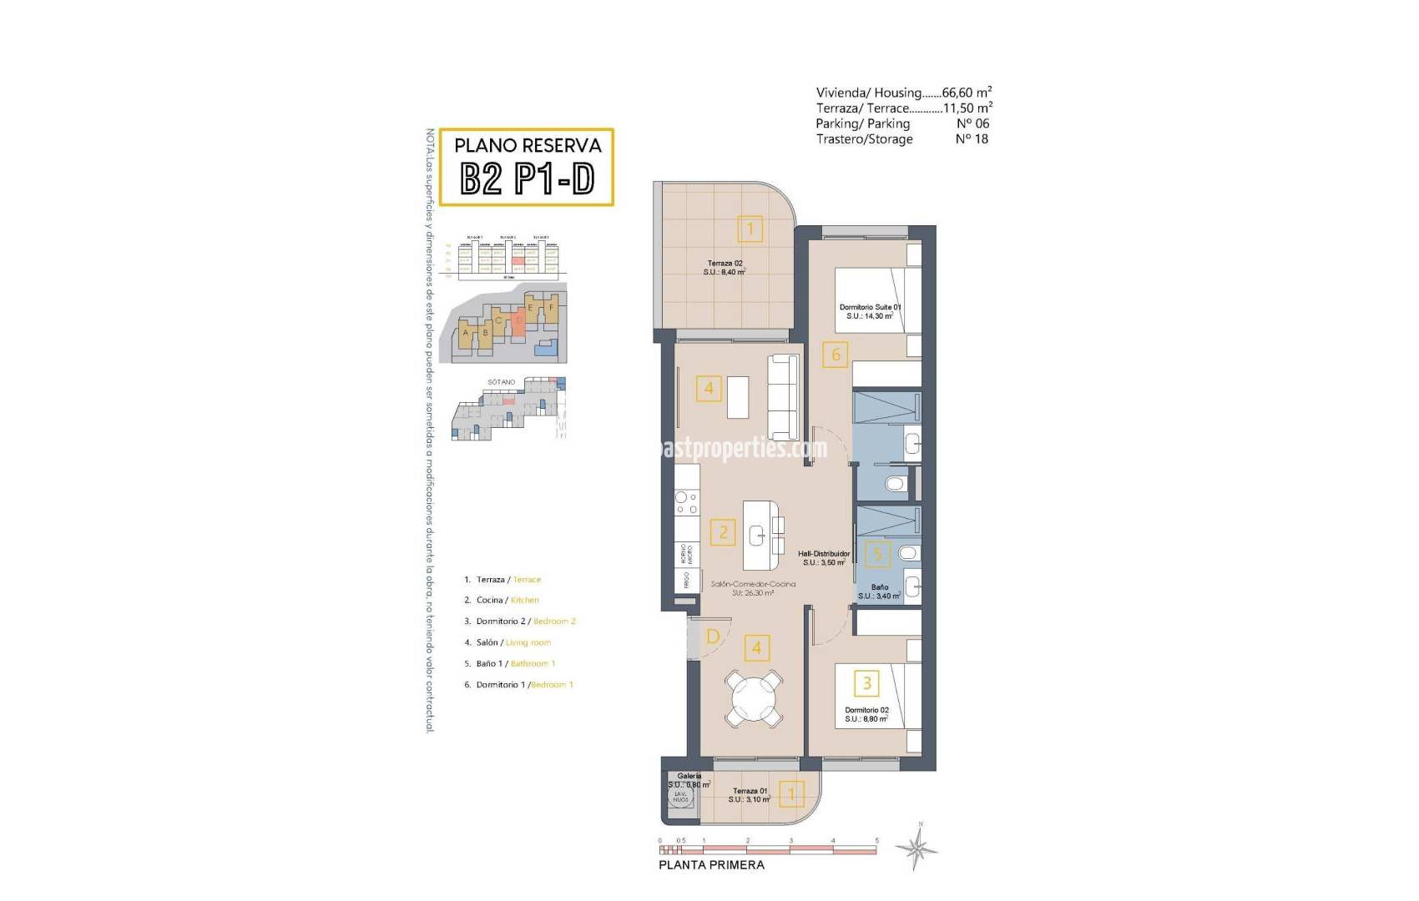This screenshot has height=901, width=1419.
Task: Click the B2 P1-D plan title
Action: coord(527,178)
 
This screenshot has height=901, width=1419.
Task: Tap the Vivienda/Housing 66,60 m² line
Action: coord(903,93)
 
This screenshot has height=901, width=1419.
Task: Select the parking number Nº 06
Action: coord(972,123)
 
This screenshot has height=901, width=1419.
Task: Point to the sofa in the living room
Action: coord(783,398)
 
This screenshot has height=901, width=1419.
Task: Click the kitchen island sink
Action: coord(757,535)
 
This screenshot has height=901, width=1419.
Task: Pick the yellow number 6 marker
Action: coord(836,355)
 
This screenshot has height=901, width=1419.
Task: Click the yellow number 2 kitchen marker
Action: coord(723,532)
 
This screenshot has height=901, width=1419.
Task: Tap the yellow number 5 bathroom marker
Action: coord(876,553)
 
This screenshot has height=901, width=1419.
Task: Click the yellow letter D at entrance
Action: coord(713,637)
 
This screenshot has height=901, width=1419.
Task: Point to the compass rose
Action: coord(917,849)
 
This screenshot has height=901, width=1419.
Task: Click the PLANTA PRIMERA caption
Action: coord(711,865)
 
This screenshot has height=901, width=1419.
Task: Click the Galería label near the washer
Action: coord(689,776)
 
